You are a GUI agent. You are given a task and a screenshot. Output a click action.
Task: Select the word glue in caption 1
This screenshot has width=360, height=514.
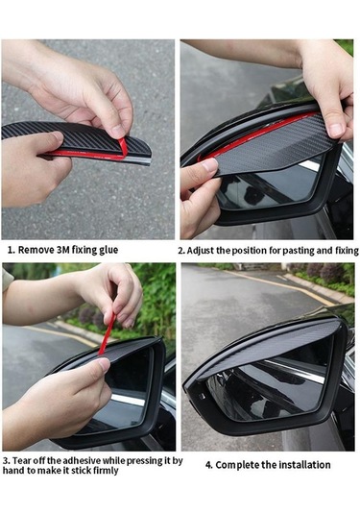point(108,250)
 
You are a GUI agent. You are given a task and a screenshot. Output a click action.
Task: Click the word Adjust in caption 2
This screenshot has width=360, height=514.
point(201,251)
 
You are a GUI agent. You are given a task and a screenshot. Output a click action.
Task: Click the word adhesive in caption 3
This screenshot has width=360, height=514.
point(82,460)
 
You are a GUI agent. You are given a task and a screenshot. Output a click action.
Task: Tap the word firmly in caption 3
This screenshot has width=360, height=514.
point(106,471)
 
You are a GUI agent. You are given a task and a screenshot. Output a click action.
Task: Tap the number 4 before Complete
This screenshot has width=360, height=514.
point(208,465)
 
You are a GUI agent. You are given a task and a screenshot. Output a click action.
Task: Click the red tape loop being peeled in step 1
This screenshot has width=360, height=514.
point(124,149)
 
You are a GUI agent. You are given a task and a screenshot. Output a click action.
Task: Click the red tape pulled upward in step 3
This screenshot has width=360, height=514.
point(108,333)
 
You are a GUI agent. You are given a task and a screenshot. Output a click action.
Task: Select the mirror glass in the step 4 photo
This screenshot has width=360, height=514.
point(269,387)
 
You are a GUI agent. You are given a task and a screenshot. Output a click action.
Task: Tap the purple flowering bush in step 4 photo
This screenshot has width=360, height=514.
point(327,273)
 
